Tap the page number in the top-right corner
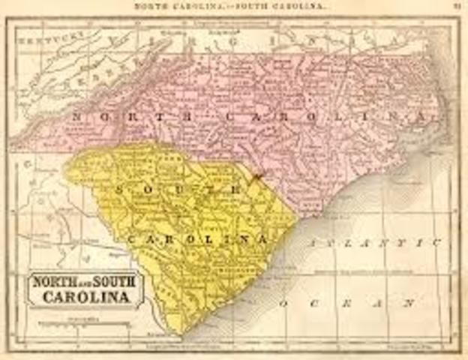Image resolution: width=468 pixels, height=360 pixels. tap(456, 6)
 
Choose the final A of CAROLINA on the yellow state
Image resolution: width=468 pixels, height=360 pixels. tap(263, 238)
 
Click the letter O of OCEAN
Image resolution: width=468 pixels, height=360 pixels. tap(284, 304)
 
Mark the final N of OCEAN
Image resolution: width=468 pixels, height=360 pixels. tap(409, 304)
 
